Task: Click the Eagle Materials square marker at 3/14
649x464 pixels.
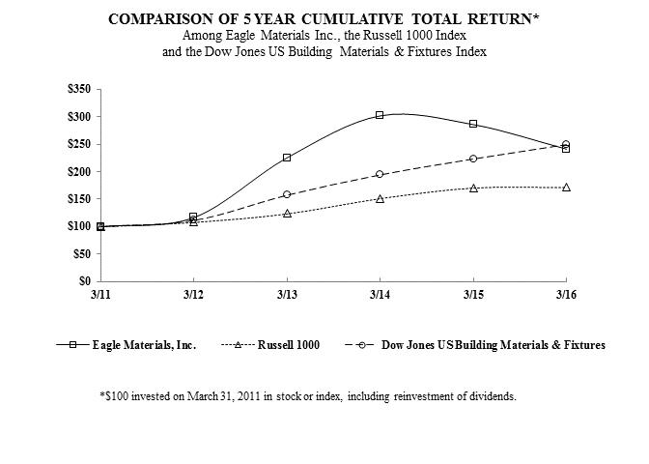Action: (x=380, y=115)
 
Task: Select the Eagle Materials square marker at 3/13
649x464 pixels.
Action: (x=287, y=158)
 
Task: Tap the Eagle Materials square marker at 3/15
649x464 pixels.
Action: (x=473, y=124)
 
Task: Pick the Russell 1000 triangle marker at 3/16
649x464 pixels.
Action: (x=566, y=187)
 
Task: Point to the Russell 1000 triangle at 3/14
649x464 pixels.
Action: (x=380, y=198)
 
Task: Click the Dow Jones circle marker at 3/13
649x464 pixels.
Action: (x=287, y=194)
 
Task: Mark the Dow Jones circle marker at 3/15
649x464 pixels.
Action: (x=473, y=159)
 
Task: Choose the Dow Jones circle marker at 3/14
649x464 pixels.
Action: (x=380, y=174)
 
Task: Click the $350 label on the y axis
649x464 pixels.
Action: (x=77, y=89)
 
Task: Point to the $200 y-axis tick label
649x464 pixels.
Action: (x=77, y=171)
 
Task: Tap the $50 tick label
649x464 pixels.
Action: (x=80, y=253)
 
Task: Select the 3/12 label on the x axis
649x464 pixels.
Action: (x=193, y=293)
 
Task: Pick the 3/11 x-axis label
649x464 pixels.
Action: (x=100, y=293)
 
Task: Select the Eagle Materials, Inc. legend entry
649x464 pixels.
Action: (x=145, y=344)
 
